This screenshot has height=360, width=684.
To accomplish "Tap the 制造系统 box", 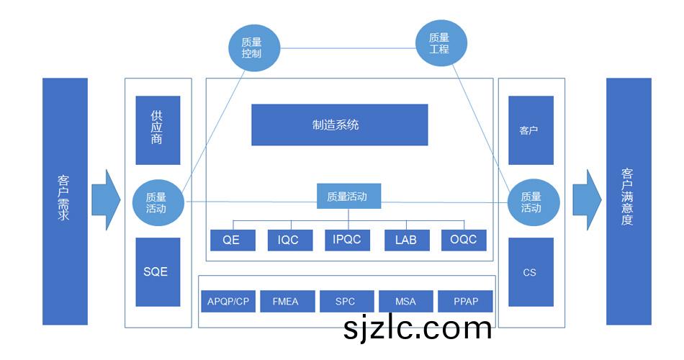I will pos(339,125).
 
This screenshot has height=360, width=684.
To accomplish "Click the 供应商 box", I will pos(158,130).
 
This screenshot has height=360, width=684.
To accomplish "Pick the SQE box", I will pos(158,271).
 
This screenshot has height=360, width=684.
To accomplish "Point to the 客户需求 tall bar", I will pos(65,202).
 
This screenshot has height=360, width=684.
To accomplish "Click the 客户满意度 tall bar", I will pos(628,202).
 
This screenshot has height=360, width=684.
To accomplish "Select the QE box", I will pos(233,240).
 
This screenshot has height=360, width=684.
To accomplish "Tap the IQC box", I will pos(290,240).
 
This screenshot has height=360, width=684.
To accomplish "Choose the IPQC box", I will pos(347,240).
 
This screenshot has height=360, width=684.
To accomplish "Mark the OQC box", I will pos(464,240).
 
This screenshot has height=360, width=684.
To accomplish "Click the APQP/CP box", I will pos(228,302).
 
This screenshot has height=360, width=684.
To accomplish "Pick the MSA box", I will pos(405,302).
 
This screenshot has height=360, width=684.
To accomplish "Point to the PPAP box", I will pos(464,302).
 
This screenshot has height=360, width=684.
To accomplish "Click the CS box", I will pos(531,272).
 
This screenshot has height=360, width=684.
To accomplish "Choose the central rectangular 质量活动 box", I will pos(348,196).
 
